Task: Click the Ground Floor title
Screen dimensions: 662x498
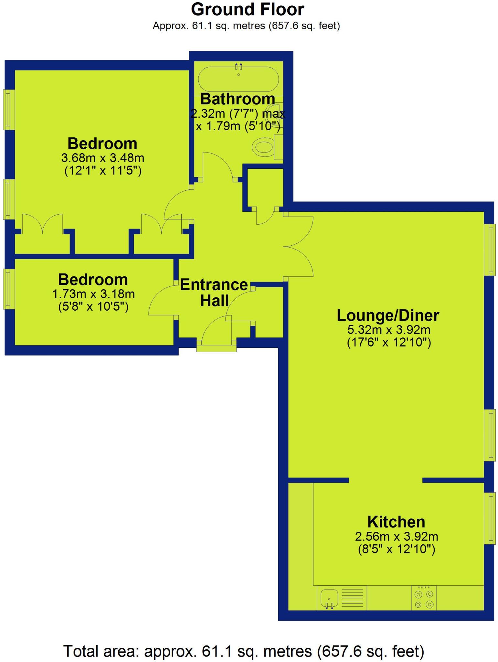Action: coord(248,9)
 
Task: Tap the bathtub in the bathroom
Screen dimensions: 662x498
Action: coord(238,80)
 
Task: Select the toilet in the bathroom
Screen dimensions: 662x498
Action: coord(265,147)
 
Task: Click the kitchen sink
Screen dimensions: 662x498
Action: coord(329,598)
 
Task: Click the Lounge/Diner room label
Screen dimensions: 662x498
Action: coord(388,315)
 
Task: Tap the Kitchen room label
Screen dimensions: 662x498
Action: coord(396,522)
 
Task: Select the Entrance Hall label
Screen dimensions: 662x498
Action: coord(214,293)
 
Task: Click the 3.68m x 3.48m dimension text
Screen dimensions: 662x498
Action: coord(102,158)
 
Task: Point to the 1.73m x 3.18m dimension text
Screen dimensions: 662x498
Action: coord(93,294)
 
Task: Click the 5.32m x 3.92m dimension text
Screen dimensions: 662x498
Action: coord(389,330)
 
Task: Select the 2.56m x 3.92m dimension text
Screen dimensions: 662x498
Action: coord(397,537)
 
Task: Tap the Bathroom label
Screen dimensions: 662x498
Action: coord(238,99)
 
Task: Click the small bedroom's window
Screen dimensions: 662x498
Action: coord(9,289)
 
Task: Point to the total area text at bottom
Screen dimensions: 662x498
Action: coord(244,651)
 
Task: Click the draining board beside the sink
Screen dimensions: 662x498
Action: coord(352,598)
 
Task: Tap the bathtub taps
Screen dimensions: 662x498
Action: coord(238,67)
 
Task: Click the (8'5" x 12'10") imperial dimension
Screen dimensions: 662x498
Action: coord(397,549)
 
